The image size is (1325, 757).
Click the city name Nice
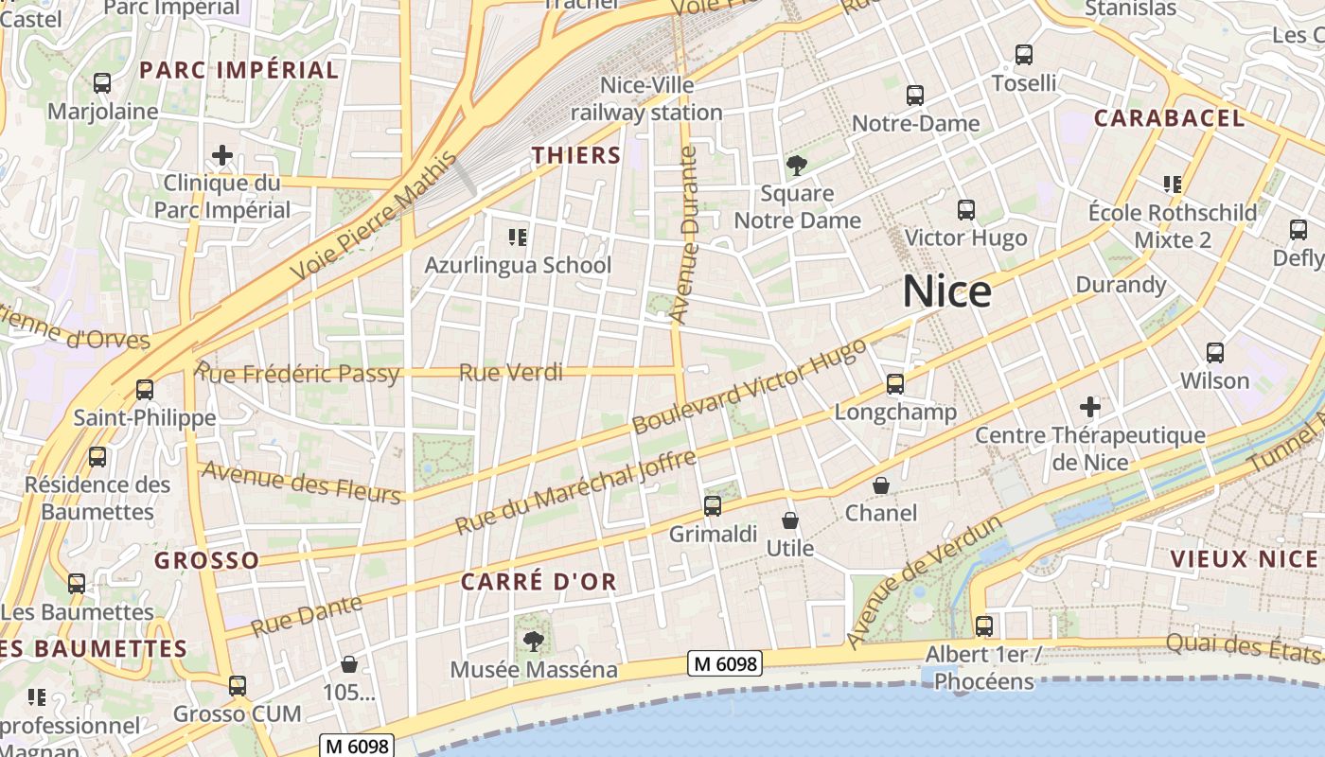click(946, 291)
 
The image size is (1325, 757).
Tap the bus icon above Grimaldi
click(713, 506)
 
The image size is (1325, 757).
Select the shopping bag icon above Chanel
click(881, 485)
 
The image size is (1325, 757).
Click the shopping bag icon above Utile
click(789, 520)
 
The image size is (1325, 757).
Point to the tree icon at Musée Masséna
click(534, 642)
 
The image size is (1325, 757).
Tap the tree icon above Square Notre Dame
click(797, 167)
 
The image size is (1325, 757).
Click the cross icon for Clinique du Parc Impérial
click(222, 154)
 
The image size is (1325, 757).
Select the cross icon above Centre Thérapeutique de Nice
click(1090, 407)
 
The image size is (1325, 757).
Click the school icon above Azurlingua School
click(517, 237)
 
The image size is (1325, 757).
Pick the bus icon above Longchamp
click(895, 384)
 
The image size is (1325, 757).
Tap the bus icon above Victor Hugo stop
click(966, 210)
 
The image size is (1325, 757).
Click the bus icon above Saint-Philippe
click(145, 389)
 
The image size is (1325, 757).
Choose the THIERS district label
click(575, 155)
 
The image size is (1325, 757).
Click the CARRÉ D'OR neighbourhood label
click(539, 582)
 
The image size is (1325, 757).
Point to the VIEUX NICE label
click(1244, 558)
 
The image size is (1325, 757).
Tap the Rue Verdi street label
click(510, 373)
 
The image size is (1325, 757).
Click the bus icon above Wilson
click(1215, 353)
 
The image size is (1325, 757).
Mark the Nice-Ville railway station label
click(646, 99)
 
